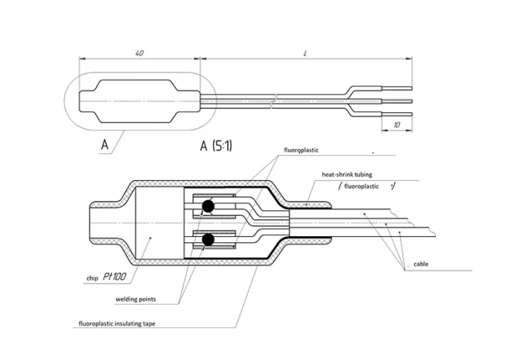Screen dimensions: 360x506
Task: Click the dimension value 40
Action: click(x=138, y=53)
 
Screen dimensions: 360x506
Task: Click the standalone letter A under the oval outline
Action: click(x=104, y=145)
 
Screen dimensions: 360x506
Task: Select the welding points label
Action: click(x=132, y=298)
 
